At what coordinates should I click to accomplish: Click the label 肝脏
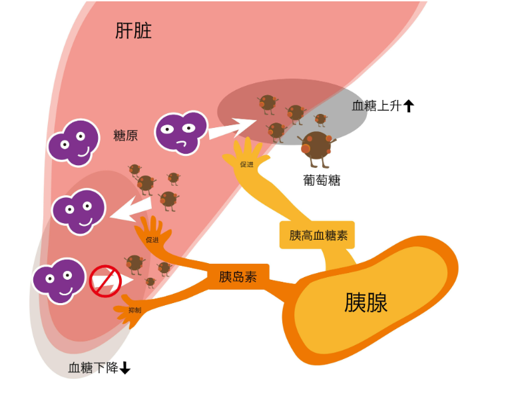pyautogui.click(x=133, y=31)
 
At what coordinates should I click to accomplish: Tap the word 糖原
pyautogui.click(x=125, y=136)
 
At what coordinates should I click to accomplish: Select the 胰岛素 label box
pyautogui.click(x=238, y=276)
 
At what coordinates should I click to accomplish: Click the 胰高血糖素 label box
pyautogui.click(x=318, y=235)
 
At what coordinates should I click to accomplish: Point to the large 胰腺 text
pyautogui.click(x=366, y=302)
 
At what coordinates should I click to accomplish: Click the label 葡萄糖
pyautogui.click(x=321, y=180)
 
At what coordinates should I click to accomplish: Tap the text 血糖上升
pyautogui.click(x=376, y=105)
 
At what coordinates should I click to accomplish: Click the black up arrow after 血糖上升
pyautogui.click(x=409, y=105)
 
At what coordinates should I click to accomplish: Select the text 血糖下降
pyautogui.click(x=93, y=368)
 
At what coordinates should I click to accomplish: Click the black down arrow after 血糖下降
pyautogui.click(x=125, y=368)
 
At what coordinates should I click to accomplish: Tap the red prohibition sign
pyautogui.click(x=105, y=280)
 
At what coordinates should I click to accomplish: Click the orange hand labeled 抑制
pyautogui.click(x=134, y=310)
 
